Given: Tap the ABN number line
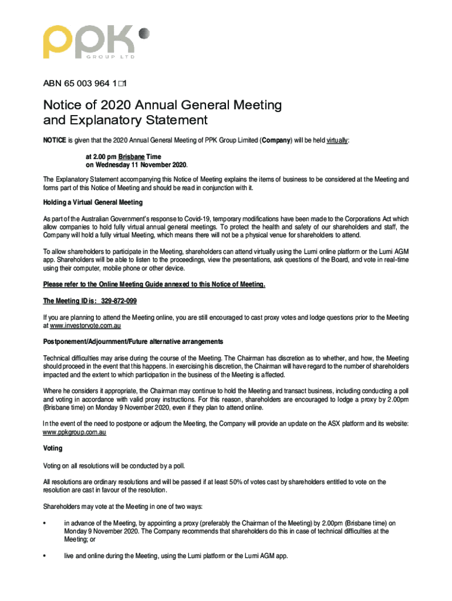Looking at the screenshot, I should [86, 84].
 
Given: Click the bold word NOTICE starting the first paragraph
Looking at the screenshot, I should [54, 141].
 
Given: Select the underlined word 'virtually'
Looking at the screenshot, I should [335, 141].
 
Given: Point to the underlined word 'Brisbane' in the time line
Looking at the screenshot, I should [132, 157].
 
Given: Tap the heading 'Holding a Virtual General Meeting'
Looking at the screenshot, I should [93, 202].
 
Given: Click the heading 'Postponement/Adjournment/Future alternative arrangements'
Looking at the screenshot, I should [133, 342].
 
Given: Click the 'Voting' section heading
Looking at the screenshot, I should [53, 448].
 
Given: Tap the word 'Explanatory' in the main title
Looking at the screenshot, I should [115, 121].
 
